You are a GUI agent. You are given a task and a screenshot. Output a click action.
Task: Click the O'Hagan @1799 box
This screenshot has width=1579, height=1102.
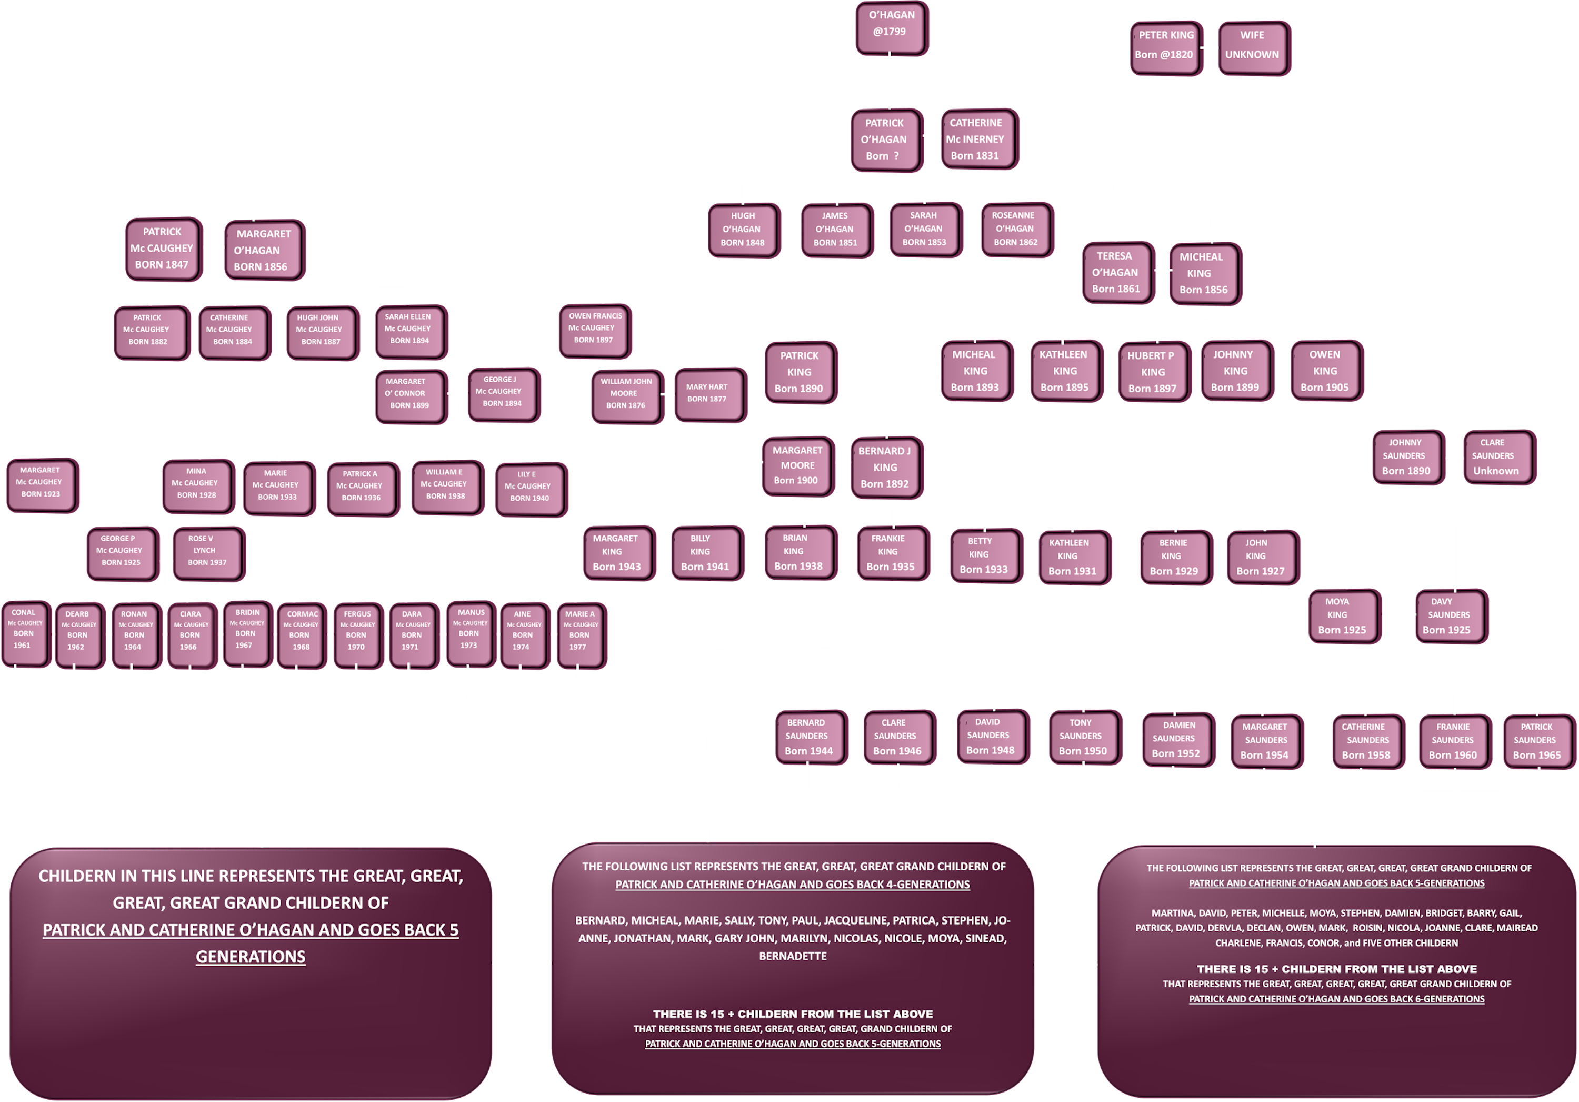tap(891, 27)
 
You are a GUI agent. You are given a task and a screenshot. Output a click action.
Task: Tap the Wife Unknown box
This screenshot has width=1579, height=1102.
tap(1253, 47)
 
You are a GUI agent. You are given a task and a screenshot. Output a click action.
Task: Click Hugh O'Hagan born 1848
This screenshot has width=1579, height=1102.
tap(743, 229)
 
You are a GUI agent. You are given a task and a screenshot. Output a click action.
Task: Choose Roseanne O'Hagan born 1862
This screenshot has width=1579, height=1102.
tap(1015, 229)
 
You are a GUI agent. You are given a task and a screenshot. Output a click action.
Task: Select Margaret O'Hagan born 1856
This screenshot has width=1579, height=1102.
tap(263, 251)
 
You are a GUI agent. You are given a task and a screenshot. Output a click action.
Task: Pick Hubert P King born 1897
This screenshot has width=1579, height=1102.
tap(1153, 372)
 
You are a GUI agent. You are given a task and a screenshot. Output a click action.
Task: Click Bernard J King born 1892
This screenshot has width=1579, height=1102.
tap(885, 468)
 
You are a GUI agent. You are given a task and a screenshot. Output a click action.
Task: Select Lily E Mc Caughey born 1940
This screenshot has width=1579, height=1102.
tap(529, 487)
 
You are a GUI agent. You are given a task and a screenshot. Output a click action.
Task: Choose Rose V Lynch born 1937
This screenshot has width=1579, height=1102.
tap(206, 551)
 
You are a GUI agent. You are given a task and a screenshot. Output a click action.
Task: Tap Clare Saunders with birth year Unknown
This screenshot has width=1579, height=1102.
tap(1496, 457)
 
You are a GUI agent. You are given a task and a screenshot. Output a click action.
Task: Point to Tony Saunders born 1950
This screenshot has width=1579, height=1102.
tap(1083, 737)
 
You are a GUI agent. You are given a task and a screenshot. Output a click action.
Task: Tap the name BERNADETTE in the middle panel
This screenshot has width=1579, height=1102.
tap(792, 956)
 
